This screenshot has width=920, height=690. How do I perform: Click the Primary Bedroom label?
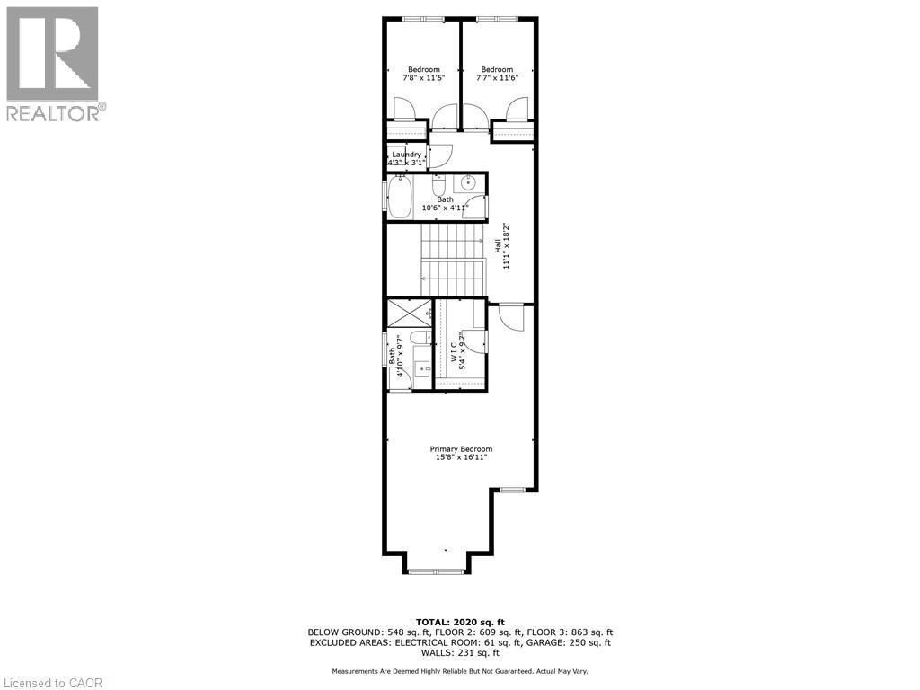[x=461, y=449]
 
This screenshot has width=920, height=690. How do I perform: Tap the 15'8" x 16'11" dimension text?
[x=461, y=458]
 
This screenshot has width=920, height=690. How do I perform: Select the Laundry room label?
[x=406, y=155]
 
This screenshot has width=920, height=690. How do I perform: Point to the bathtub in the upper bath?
[x=400, y=197]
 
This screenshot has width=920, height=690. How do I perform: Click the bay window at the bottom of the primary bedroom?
[x=435, y=570]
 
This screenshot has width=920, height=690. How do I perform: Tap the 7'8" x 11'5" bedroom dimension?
[x=424, y=79]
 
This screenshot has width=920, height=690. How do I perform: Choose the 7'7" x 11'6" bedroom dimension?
[x=497, y=79]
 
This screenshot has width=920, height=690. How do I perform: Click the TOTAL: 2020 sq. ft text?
[x=460, y=622]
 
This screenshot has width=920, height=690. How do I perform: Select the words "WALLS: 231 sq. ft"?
[x=460, y=652]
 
